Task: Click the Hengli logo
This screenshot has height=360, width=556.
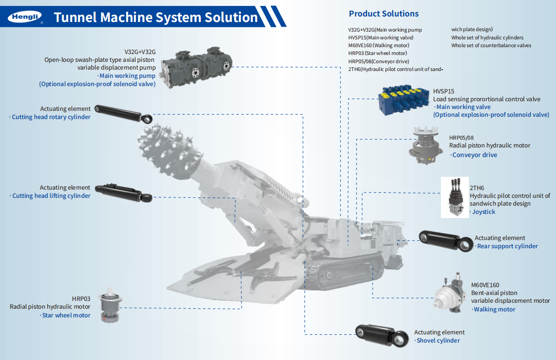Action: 25,17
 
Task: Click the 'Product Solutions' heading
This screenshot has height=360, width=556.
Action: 384,14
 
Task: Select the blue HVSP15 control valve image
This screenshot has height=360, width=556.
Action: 405,99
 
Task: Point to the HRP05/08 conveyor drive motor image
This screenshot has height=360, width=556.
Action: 427,145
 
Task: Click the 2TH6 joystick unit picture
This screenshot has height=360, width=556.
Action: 455,197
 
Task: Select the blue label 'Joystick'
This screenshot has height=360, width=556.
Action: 484,212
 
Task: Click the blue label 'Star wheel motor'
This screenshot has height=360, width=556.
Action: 66,315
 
